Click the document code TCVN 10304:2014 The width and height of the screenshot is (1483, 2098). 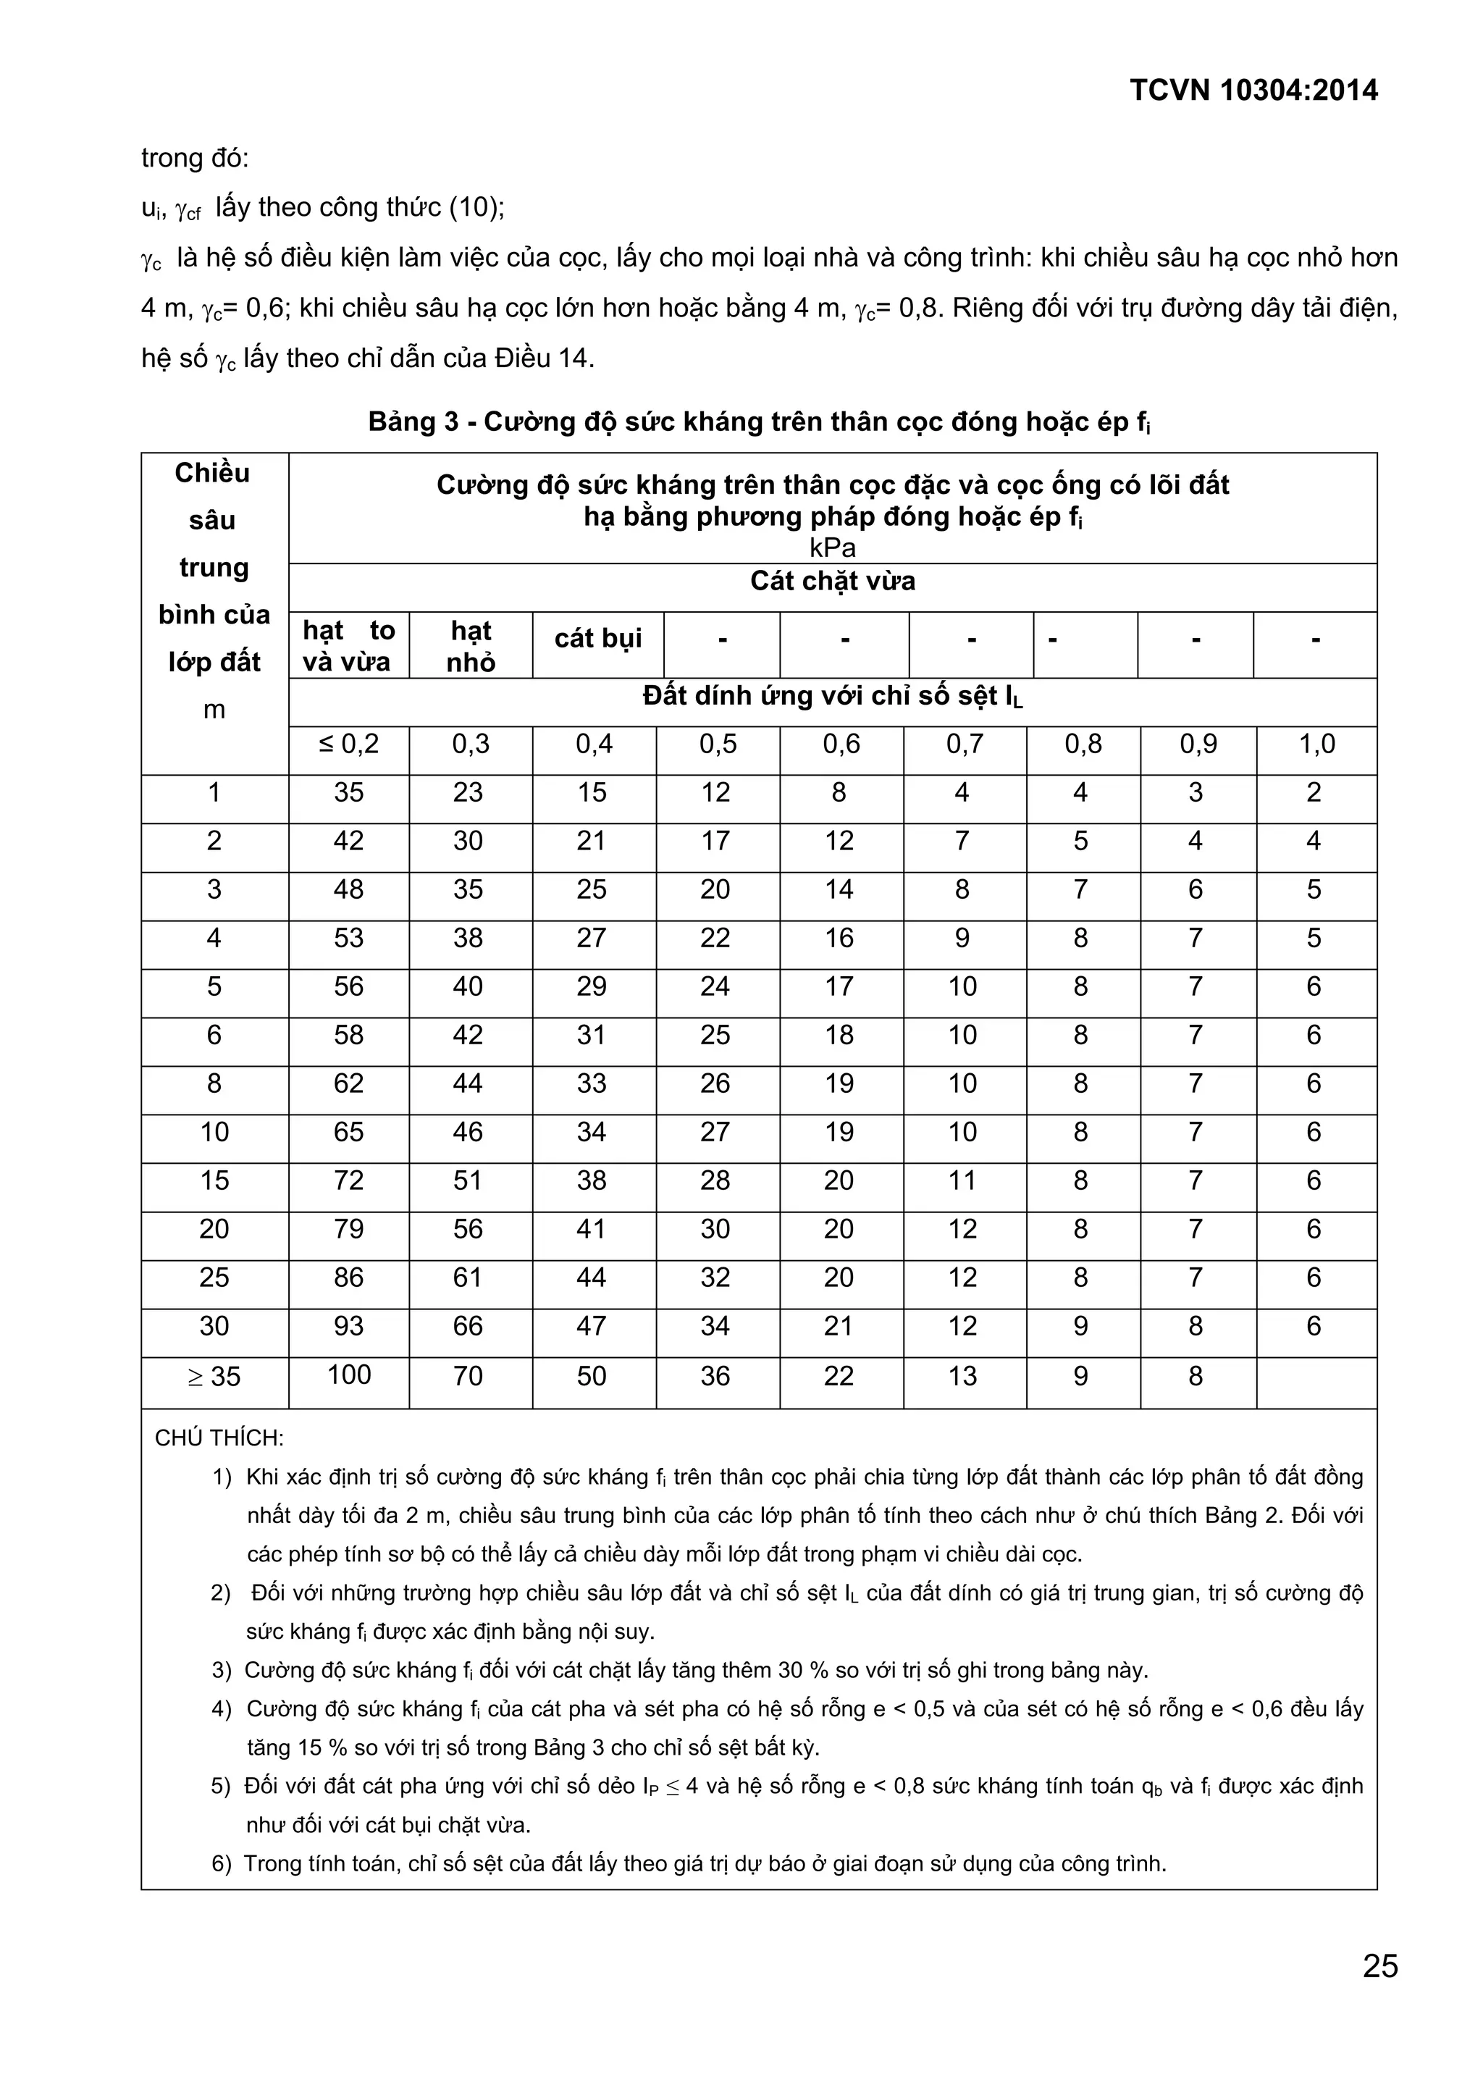pyautogui.click(x=1253, y=91)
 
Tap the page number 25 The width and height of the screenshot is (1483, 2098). pyautogui.click(x=1379, y=1965)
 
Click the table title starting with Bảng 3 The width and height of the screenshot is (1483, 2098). pyautogui.click(x=758, y=422)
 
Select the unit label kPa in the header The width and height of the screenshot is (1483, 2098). pyautogui.click(x=833, y=547)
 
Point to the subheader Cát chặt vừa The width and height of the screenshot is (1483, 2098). pyautogui.click(x=833, y=581)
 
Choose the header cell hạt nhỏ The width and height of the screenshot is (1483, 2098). pyautogui.click(x=471, y=645)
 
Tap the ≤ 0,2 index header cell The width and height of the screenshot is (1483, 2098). pyautogui.click(x=349, y=744)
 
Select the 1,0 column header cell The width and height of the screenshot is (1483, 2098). pyautogui.click(x=1316, y=744)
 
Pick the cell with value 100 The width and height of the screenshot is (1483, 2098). pyautogui.click(x=349, y=1375)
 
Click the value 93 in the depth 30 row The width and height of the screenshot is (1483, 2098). pyautogui.click(x=349, y=1326)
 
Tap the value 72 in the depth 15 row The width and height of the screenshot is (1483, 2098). pyautogui.click(x=349, y=1180)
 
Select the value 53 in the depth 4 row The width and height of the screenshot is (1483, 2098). pyautogui.click(x=349, y=938)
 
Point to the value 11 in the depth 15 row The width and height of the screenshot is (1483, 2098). pyautogui.click(x=962, y=1180)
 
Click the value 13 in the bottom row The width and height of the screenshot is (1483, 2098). pyautogui.click(x=962, y=1376)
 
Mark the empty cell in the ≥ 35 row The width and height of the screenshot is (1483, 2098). pyautogui.click(x=1316, y=1376)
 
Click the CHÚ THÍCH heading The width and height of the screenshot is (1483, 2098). pyautogui.click(x=219, y=1438)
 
